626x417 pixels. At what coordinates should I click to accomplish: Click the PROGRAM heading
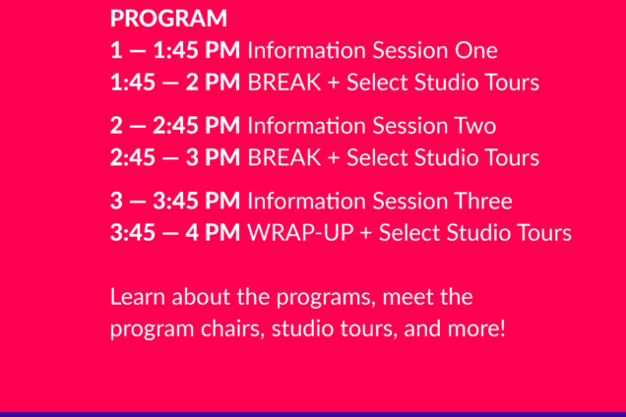pos(168,19)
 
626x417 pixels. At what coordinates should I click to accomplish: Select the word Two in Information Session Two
pos(473,127)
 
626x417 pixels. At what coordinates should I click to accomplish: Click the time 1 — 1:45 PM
pos(175,51)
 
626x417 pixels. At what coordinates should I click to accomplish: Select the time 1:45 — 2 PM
pos(175,83)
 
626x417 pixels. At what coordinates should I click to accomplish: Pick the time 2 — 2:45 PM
pos(175,127)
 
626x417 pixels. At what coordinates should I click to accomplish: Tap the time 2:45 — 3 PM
pos(175,158)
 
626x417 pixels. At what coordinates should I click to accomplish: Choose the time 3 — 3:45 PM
pos(175,202)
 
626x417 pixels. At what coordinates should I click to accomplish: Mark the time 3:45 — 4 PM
pos(175,233)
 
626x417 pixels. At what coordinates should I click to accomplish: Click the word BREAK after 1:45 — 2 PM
pos(283,83)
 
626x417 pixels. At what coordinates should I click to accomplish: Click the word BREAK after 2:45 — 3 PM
pos(283,158)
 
